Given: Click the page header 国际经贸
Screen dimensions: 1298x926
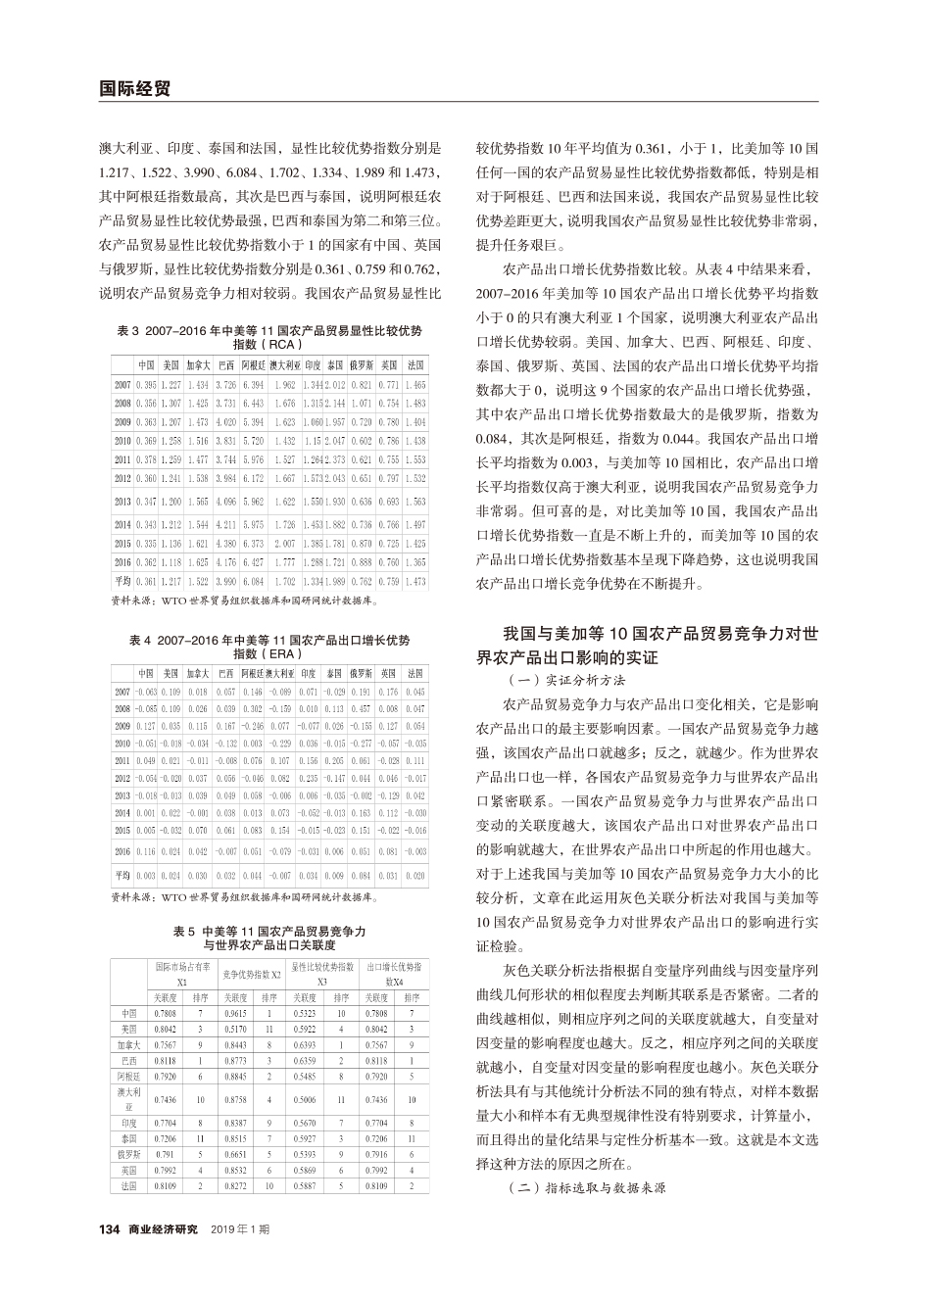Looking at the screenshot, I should click(x=135, y=88).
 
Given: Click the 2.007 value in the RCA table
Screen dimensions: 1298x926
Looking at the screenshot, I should click(x=285, y=543).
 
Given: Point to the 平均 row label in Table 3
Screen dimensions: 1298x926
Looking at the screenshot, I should click(x=123, y=581).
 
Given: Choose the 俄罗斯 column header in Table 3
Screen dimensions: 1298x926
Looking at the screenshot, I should click(x=361, y=364).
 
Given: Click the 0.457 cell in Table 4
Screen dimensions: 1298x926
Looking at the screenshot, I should click(x=361, y=708).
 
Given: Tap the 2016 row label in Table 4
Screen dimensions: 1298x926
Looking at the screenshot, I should click(x=123, y=851).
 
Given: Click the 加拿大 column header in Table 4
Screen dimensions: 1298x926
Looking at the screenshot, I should click(x=198, y=673).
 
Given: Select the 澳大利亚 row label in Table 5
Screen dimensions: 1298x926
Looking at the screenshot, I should click(x=128, y=1098).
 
